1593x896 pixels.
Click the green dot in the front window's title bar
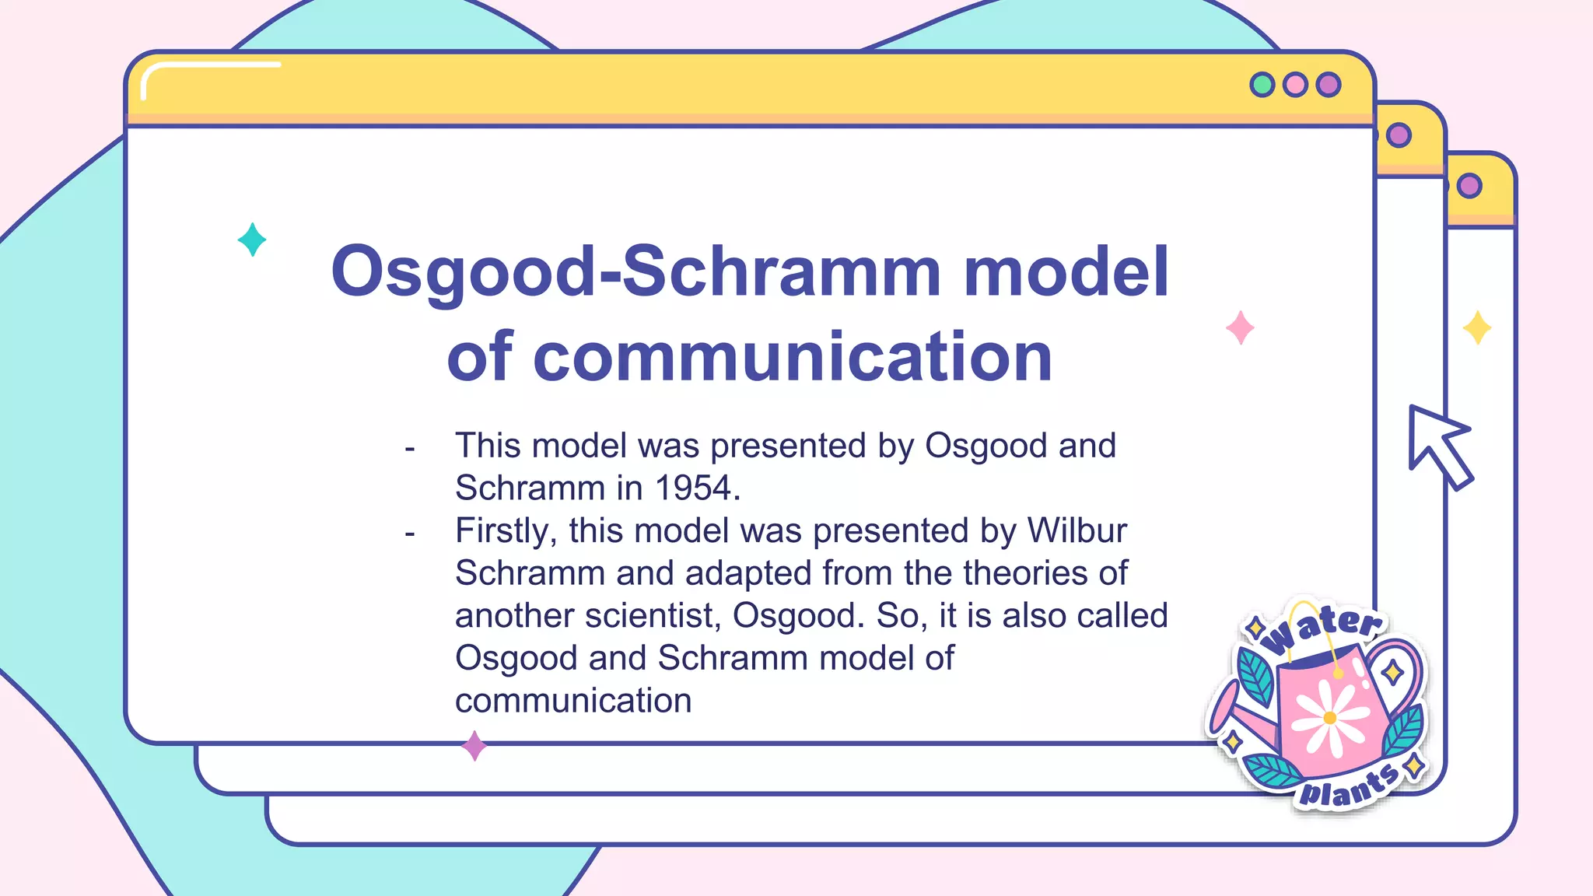(1262, 84)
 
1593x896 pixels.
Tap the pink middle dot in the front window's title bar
(1295, 84)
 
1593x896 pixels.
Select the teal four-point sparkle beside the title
(252, 240)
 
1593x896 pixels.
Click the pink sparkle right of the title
(1240, 327)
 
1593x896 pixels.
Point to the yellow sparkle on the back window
(1476, 327)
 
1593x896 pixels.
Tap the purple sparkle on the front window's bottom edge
(474, 746)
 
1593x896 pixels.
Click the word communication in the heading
(793, 358)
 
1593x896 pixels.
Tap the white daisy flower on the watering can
(1329, 717)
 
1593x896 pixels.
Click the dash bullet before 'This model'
(410, 449)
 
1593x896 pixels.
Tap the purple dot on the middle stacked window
(1399, 135)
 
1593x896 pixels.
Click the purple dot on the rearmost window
(1469, 186)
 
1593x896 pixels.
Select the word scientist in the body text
(653, 616)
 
